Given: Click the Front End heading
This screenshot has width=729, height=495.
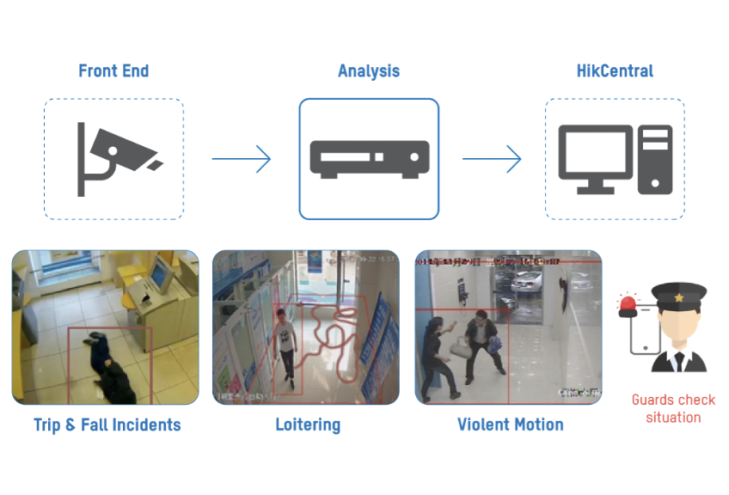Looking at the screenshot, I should (113, 70).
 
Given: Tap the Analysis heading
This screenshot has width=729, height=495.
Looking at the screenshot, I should (369, 70).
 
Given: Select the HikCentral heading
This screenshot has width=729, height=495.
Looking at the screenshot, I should (615, 70).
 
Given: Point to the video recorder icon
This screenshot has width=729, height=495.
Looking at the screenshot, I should (369, 159).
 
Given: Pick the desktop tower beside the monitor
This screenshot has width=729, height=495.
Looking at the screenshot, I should (655, 158).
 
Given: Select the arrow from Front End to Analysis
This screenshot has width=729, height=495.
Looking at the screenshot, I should (242, 158).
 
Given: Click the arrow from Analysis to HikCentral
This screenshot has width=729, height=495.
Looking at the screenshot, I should (492, 158).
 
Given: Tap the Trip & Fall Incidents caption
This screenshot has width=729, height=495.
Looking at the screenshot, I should (107, 425).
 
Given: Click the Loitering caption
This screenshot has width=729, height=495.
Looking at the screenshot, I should (308, 425).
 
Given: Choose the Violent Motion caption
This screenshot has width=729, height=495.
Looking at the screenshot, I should (510, 425).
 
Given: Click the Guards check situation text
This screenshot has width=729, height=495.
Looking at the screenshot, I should (673, 408).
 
